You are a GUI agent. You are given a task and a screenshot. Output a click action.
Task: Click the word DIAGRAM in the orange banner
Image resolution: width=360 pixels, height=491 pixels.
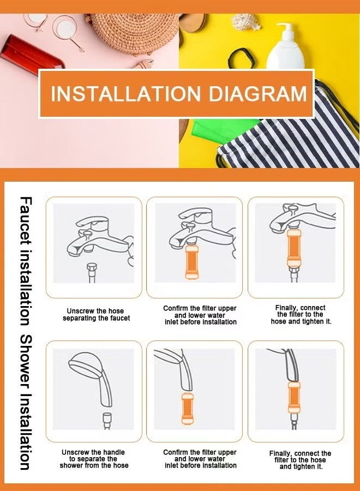tap(258, 93)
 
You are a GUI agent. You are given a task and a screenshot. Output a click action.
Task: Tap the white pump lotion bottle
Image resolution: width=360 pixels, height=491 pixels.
tap(285, 47)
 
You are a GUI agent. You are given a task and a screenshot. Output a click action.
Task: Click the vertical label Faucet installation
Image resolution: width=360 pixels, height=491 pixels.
tap(25, 261)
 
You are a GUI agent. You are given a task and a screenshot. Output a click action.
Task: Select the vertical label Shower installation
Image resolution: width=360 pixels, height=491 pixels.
tap(25, 403)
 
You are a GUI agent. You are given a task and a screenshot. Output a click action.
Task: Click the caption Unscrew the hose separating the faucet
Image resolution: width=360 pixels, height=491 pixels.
tap(97, 314)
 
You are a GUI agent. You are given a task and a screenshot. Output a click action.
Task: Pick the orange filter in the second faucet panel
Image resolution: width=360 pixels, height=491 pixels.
tap(191, 262)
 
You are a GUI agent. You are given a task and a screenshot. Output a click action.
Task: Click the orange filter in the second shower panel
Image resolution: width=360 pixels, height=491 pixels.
tap(188, 408)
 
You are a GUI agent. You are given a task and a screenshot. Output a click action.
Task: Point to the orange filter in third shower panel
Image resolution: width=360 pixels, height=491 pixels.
tap(294, 397)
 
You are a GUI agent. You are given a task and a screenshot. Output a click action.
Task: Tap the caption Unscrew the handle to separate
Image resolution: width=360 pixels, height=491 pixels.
tap(94, 459)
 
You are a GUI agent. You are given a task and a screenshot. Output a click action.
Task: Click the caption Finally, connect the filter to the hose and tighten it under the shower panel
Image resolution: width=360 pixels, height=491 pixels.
tap(300, 460)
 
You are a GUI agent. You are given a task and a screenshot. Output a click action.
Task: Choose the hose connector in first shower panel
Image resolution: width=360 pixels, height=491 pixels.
tap(107, 420)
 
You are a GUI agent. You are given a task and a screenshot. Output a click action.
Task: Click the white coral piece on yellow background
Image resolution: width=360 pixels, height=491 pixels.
tap(245, 22)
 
